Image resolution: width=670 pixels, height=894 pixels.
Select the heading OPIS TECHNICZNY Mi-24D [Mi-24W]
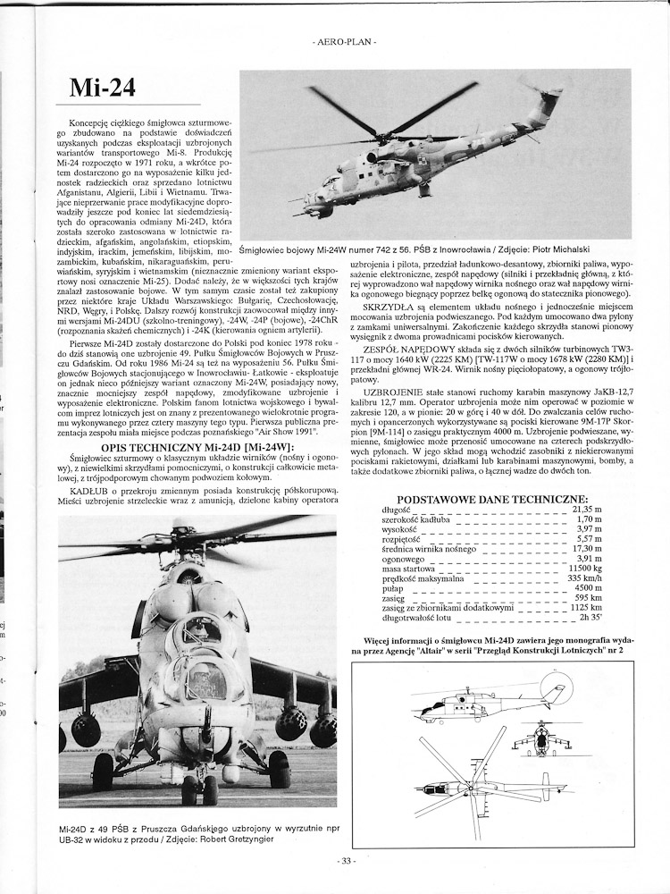point(197,445)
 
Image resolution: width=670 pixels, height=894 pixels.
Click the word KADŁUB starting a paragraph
point(89,490)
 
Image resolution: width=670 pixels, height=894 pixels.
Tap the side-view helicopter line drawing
point(488,704)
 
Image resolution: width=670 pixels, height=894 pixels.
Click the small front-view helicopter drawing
point(540,738)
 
